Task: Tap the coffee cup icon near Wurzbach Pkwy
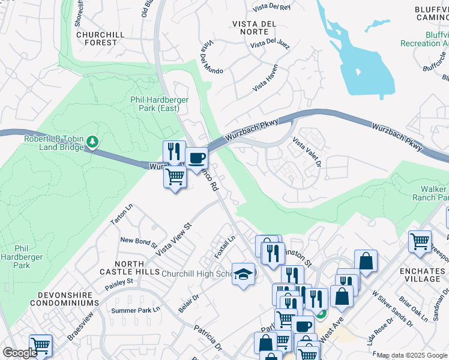click(x=197, y=159)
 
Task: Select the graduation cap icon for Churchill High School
click(x=243, y=274)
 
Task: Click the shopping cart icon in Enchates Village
click(x=420, y=242)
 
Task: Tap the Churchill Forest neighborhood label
click(x=101, y=38)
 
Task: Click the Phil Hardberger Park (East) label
click(x=159, y=104)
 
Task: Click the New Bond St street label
click(x=139, y=242)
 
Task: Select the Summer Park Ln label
click(x=136, y=310)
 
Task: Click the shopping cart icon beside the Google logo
click(x=40, y=345)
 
